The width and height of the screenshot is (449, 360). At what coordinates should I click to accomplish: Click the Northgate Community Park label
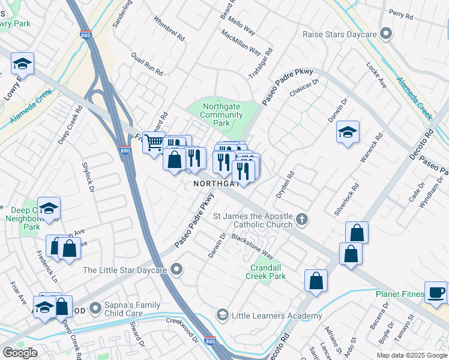(x=221, y=115)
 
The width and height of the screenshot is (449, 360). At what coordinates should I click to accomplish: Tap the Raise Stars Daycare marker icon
(x=387, y=34)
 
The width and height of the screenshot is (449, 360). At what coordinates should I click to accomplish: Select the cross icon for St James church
(x=303, y=220)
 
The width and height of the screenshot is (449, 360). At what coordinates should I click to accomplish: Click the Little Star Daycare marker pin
(x=176, y=271)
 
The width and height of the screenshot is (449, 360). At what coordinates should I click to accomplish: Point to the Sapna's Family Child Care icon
(x=95, y=309)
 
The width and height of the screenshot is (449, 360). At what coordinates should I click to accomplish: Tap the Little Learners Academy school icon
(x=223, y=316)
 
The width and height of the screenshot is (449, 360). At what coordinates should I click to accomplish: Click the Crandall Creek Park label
(x=265, y=271)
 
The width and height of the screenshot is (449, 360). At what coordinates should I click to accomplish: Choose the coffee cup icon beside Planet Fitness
(x=436, y=292)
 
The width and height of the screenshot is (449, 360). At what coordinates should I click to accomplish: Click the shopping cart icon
(x=154, y=142)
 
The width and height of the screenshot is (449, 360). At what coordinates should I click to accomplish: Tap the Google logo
(x=20, y=353)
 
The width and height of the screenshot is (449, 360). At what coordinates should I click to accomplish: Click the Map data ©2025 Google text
(x=411, y=355)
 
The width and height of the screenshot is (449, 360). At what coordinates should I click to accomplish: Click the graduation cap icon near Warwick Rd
(x=348, y=133)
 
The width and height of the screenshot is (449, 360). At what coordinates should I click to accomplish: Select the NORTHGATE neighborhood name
(x=216, y=184)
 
